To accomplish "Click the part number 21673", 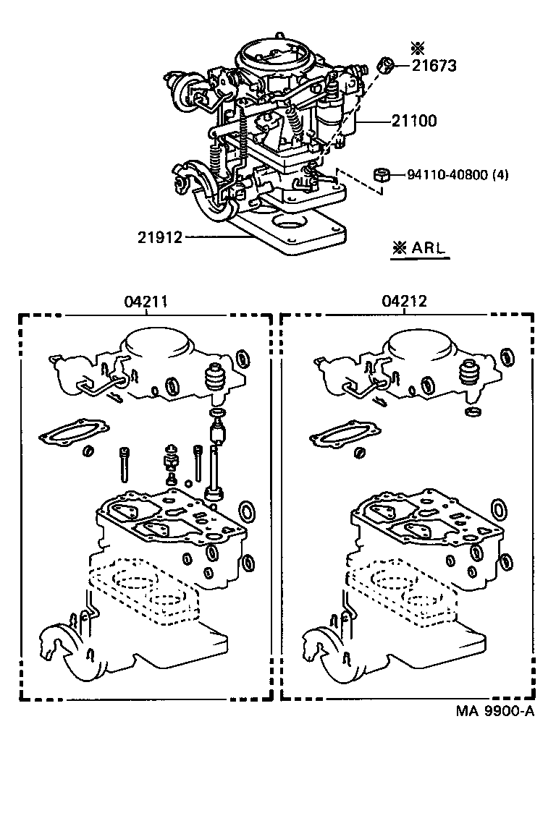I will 434,67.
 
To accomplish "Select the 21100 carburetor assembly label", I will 413,122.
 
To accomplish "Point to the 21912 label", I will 159,237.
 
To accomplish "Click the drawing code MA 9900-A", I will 495,711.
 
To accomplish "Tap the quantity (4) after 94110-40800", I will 500,174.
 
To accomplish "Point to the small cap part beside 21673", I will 387,67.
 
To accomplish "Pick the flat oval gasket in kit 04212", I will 339,435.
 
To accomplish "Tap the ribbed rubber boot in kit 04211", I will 215,380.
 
